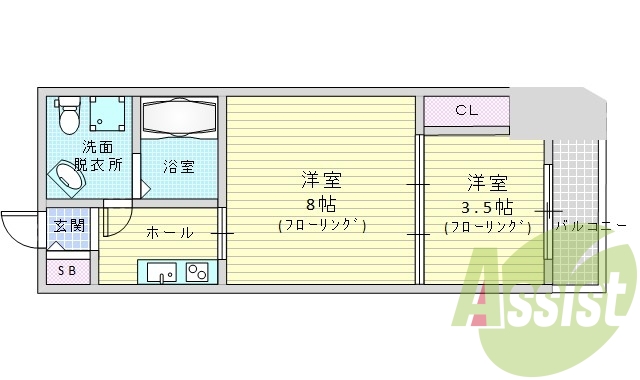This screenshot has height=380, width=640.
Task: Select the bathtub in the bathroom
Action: point(179,119)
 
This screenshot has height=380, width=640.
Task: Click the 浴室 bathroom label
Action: point(179,166)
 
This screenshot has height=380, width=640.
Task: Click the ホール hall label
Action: point(170,233)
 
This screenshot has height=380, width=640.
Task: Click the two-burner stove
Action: point(197,271)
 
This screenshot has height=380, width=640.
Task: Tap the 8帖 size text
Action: point(321,203)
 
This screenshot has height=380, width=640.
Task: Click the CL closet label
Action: point(466,111)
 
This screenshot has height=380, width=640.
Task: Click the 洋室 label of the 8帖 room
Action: point(322,180)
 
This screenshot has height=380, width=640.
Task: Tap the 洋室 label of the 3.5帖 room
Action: point(487,183)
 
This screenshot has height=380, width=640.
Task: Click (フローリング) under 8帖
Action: point(321,226)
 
